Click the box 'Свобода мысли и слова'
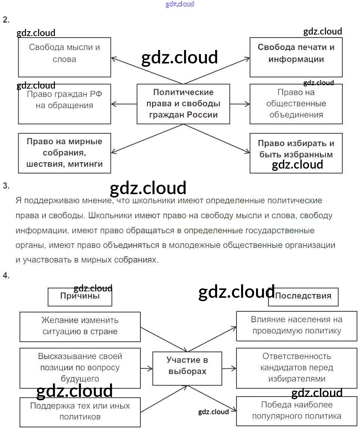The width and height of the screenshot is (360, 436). click(x=65, y=57)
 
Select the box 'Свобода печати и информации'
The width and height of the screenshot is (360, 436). click(x=296, y=57)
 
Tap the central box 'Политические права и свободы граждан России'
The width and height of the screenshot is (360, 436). click(x=183, y=104)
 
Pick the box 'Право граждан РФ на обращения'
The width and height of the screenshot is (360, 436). click(x=65, y=104)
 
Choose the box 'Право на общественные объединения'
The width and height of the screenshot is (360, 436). click(x=296, y=104)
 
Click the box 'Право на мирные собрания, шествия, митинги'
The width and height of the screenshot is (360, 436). click(x=65, y=153)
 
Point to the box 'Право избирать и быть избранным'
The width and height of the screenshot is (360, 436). click(x=296, y=153)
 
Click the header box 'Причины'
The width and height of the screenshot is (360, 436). click(x=80, y=297)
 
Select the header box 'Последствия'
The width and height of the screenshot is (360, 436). click(x=303, y=297)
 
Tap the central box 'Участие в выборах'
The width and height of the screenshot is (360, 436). click(x=187, y=368)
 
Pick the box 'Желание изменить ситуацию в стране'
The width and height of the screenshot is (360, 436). click(x=80, y=326)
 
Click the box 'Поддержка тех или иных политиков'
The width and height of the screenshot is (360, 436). click(x=80, y=412)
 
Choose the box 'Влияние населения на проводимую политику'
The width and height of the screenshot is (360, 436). click(x=297, y=326)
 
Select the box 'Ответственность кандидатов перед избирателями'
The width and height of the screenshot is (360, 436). click(x=297, y=368)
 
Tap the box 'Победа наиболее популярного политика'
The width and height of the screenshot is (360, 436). click(x=297, y=411)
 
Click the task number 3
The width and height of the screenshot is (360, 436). click(x=6, y=186)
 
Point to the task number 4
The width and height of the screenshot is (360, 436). click(x=6, y=276)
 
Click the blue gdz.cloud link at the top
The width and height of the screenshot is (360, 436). click(x=180, y=5)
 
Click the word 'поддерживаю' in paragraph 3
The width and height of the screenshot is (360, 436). click(x=57, y=201)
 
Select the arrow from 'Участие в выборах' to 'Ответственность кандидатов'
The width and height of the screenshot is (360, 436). click(x=229, y=368)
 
